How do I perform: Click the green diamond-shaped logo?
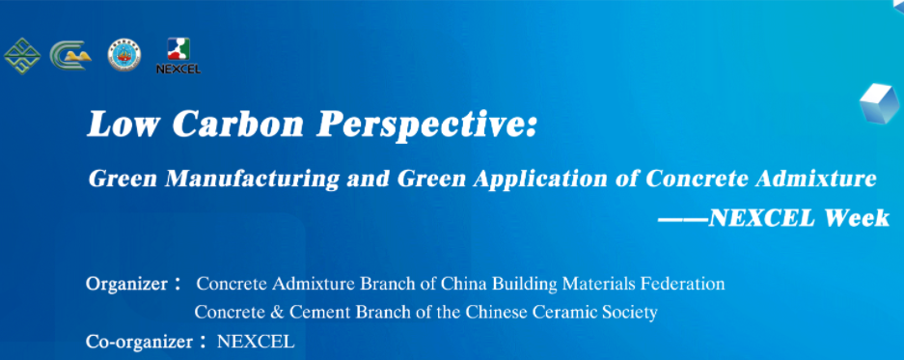click(x=22, y=56)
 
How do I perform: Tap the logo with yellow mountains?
click(x=71, y=56)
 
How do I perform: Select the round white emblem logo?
click(x=123, y=56)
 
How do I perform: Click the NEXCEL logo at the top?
click(x=178, y=56)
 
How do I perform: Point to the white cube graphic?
click(x=879, y=102)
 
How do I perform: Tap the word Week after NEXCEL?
click(x=858, y=219)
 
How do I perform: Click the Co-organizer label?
click(x=140, y=342)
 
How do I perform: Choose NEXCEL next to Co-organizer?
click(x=256, y=342)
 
